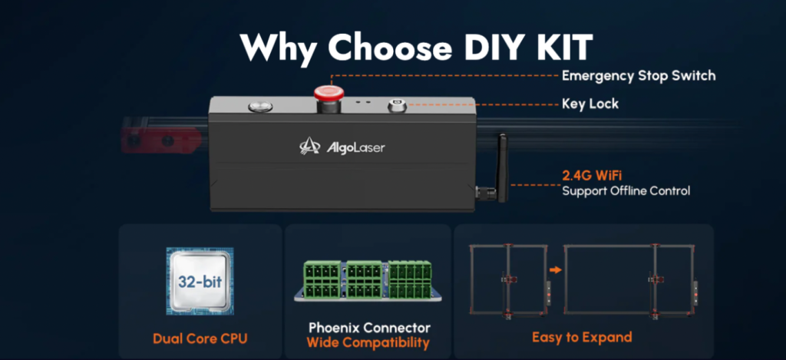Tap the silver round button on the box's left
coord(261,106)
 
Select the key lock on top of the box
coord(397,106)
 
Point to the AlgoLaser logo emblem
coord(310,146)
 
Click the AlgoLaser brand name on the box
coord(356,147)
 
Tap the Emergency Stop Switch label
coord(639,76)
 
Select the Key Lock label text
coord(590,104)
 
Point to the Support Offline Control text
coord(626,191)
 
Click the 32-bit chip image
coord(200,281)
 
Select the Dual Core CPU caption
coord(200,339)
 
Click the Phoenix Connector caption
coord(369,328)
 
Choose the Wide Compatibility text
coord(368,343)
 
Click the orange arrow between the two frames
coord(556,270)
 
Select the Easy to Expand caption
coord(582,337)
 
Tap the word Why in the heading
coord(279,49)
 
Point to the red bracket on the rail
coord(161,140)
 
